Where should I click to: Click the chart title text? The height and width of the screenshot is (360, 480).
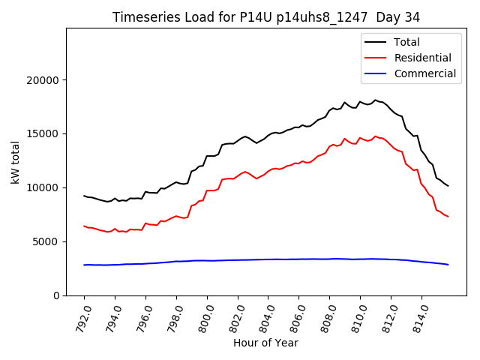pyautogui.click(x=266, y=16)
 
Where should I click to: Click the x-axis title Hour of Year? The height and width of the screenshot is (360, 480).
pyautogui.click(x=266, y=343)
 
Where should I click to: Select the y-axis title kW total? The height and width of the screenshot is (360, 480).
pyautogui.click(x=16, y=162)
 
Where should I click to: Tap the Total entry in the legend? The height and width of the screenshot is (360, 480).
pyautogui.click(x=407, y=42)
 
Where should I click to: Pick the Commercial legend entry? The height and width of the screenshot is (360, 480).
pyautogui.click(x=424, y=73)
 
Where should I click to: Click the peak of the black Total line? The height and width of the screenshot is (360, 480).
pyautogui.click(x=376, y=100)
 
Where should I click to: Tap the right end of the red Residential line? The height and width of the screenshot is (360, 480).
pyautogui.click(x=448, y=217)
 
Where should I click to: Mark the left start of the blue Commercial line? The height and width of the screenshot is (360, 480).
pyautogui.click(x=84, y=265)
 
